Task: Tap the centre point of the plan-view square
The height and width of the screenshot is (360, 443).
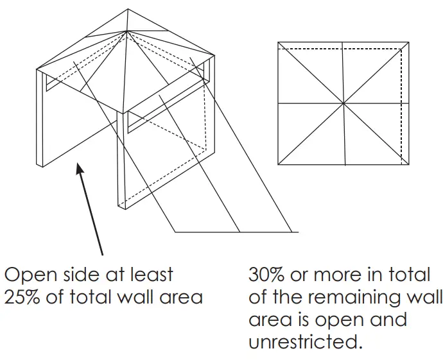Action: pos(343,103)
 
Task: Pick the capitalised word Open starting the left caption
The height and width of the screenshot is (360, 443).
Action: pos(26,275)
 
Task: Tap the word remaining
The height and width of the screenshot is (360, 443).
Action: pos(349,297)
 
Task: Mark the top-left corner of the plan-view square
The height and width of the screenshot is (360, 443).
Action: pos(278,42)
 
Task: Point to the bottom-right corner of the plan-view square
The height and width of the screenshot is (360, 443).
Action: pos(408,165)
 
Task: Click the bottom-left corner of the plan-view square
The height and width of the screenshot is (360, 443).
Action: pos(278,165)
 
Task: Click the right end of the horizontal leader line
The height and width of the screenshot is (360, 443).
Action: pos(299,231)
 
